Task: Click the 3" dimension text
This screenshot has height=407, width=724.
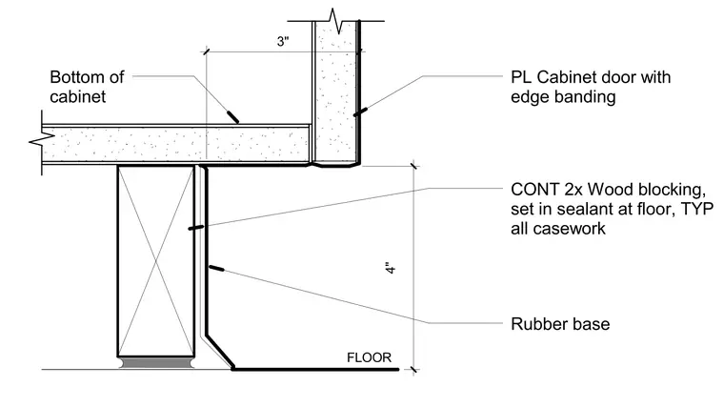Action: pos(283,41)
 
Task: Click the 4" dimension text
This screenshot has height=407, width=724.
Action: pos(391,269)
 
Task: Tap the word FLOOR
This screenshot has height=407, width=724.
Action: pos(369,357)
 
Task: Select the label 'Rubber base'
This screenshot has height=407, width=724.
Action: pos(560,324)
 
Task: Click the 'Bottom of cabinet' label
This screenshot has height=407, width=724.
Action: pos(87,87)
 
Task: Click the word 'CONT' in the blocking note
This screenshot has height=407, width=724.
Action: pos(535,190)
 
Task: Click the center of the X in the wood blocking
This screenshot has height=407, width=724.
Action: pos(156,261)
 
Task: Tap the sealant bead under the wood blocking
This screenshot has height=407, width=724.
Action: pos(156,362)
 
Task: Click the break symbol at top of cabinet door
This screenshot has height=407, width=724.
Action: pos(336,21)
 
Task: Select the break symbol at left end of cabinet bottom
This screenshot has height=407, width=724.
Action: pos(42,140)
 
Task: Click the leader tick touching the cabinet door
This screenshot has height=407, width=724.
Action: pos(360,112)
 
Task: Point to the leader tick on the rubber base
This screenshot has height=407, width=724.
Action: pos(216,268)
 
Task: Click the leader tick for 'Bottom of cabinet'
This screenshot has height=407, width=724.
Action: pos(232,116)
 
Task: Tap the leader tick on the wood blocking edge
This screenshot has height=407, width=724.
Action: pos(196,227)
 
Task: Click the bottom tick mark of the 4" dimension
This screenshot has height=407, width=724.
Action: pos(413,370)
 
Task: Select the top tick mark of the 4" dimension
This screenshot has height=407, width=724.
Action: pos(413,165)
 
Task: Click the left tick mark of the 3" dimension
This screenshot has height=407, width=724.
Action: pos(207,51)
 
